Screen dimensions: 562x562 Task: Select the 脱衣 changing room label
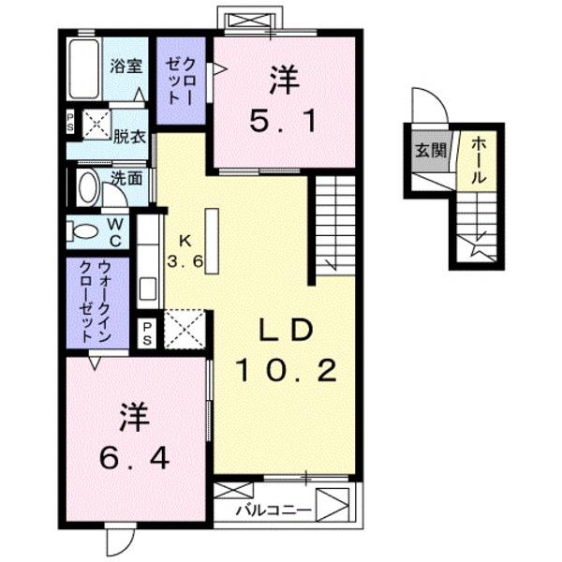point(129,136)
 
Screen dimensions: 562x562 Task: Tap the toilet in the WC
point(84,231)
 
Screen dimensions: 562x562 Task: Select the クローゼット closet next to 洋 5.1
point(180,81)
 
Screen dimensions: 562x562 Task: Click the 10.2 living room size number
point(285,372)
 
